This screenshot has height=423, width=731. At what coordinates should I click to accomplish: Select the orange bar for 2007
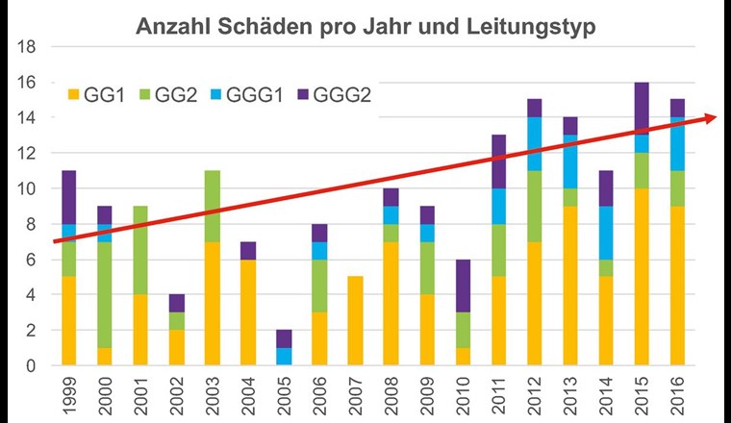354,321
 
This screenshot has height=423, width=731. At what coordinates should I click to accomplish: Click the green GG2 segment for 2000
105,294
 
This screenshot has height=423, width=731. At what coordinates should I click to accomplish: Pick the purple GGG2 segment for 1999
69,197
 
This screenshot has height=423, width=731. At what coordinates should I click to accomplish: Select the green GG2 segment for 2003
211,206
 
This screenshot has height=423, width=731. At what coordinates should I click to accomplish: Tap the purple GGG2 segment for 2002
175,303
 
